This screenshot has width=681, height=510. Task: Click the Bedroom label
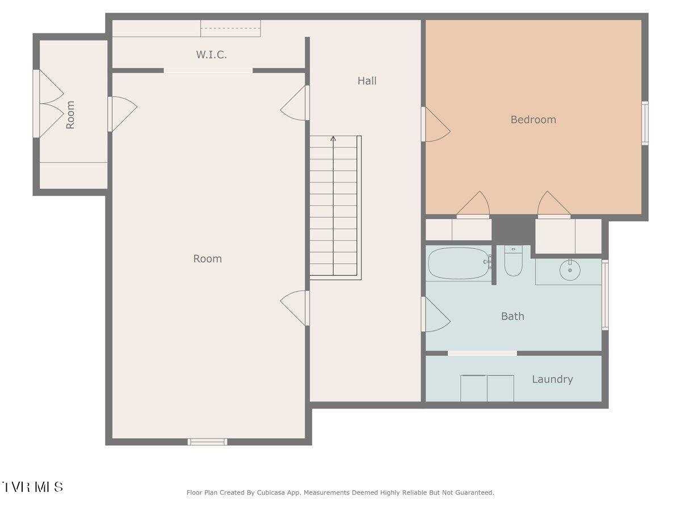[533, 120]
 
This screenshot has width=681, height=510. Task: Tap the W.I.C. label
[211, 55]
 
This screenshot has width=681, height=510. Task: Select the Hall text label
[367, 81]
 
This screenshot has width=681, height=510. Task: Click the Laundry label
[552, 379]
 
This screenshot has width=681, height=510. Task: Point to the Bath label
[512, 316]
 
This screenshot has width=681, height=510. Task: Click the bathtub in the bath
[459, 263]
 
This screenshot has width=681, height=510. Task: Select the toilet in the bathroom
[513, 261]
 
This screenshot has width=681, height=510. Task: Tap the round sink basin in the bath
[570, 271]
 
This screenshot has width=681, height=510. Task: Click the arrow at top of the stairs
[333, 138]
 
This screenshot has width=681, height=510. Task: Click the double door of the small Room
[49, 104]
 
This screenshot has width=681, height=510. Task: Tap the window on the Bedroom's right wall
[645, 123]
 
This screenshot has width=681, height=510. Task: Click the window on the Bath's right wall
[605, 295]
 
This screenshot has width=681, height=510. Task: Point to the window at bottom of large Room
[208, 441]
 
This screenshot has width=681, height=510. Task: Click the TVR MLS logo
[32, 487]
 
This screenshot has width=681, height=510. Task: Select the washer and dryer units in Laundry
[487, 388]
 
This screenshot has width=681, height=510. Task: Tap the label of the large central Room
[207, 259]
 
